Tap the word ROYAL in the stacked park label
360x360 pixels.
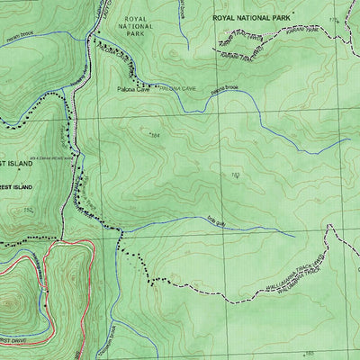136,18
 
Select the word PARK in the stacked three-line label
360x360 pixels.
136,39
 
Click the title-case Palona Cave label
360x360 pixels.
135,90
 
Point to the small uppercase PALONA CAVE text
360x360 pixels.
176,90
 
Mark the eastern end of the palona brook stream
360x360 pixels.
349,140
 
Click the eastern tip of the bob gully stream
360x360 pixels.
295,236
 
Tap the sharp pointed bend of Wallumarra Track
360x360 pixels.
329,224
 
